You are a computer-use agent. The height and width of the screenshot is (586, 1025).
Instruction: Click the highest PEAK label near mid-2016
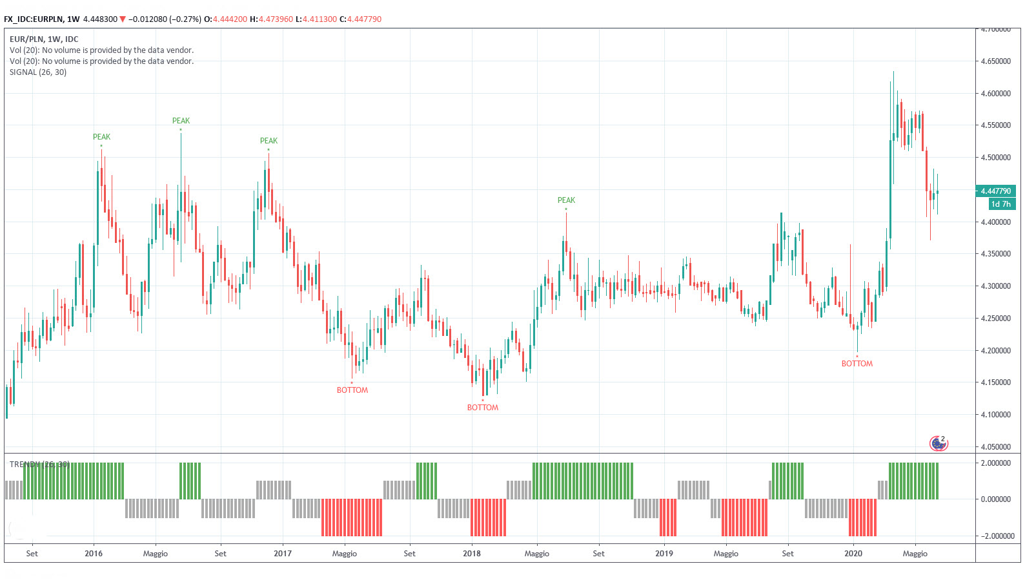[181, 121]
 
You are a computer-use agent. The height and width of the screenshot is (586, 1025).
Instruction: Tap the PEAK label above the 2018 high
[566, 200]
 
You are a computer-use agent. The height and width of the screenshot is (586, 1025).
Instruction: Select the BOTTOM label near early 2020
[857, 364]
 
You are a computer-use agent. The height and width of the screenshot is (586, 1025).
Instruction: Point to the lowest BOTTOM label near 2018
[482, 408]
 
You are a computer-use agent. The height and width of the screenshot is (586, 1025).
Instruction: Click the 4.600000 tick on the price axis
[995, 94]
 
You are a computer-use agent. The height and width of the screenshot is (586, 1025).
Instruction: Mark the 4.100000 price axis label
[995, 415]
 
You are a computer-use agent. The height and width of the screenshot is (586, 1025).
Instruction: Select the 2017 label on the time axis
[282, 554]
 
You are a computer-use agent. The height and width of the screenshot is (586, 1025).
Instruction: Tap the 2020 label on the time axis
[853, 554]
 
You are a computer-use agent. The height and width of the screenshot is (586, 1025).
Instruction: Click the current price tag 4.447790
[995, 191]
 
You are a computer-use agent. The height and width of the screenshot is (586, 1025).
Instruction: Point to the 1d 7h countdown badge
[1001, 204]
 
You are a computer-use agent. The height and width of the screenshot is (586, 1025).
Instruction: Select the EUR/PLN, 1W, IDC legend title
[44, 39]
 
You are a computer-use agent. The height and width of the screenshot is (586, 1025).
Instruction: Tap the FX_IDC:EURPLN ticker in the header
[34, 19]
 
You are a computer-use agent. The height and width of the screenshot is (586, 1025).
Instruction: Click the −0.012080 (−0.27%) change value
[165, 19]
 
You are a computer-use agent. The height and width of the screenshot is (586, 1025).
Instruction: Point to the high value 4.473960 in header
[276, 19]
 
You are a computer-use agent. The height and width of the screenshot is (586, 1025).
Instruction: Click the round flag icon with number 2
[938, 443]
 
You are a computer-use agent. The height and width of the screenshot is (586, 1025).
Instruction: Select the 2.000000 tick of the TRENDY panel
[995, 463]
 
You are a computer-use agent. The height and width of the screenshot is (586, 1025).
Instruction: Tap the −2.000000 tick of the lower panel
[995, 536]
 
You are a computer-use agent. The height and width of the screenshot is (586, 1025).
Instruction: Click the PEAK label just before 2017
[269, 141]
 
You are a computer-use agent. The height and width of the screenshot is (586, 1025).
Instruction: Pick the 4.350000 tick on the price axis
[995, 254]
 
